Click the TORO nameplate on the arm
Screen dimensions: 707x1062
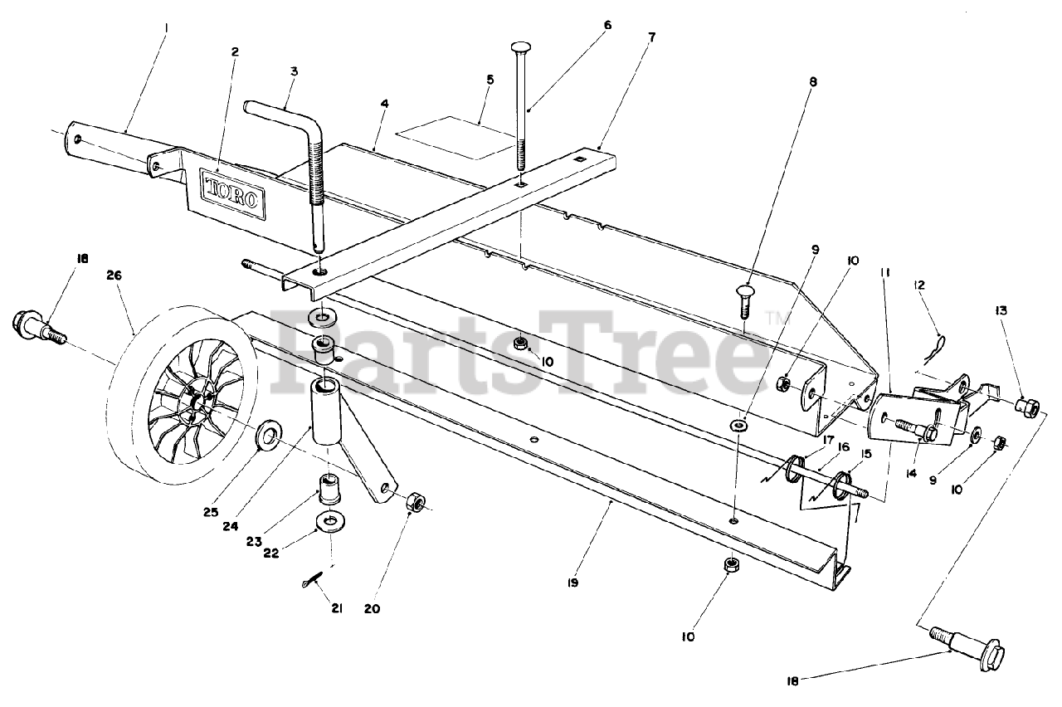[x=233, y=194]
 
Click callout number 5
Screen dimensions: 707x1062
[x=490, y=80]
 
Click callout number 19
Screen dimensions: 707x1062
[x=573, y=583]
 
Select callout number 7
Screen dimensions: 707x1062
[x=652, y=37]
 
